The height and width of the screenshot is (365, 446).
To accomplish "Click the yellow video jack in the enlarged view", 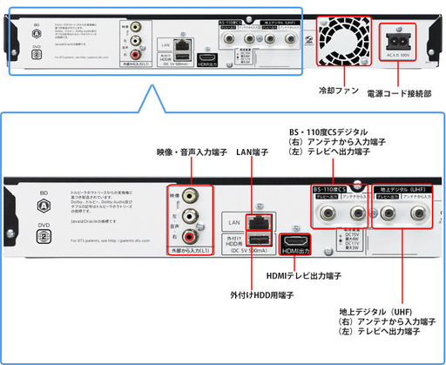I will (x=205, y=197).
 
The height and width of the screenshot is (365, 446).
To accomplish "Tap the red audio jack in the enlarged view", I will (x=205, y=233).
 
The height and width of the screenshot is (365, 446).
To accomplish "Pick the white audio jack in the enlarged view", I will (x=205, y=215).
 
